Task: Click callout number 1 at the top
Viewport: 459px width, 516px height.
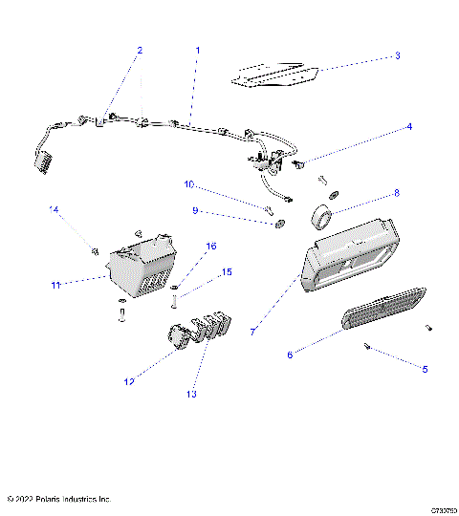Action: pyautogui.click(x=198, y=49)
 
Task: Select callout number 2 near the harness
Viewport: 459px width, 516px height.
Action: pyautogui.click(x=139, y=50)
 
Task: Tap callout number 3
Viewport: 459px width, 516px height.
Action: pyautogui.click(x=397, y=56)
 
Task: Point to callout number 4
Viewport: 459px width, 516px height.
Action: pyautogui.click(x=409, y=126)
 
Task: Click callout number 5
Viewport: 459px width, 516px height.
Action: pyautogui.click(x=426, y=368)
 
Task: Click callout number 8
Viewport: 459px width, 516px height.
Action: pyautogui.click(x=397, y=193)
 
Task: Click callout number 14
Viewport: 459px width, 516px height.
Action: pyautogui.click(x=54, y=209)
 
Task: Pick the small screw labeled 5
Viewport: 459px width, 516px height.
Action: pyautogui.click(x=368, y=347)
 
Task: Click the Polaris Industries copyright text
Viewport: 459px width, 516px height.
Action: pyautogui.click(x=58, y=499)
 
